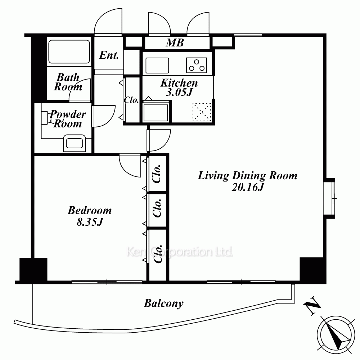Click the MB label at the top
click(175, 43)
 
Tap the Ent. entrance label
click(109, 55)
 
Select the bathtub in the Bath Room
click(69, 51)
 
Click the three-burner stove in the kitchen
click(196, 65)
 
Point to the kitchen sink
click(157, 66)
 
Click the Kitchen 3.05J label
click(179, 87)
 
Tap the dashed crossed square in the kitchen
click(202, 112)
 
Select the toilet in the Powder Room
click(75, 143)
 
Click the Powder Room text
click(68, 119)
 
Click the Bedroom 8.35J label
click(90, 216)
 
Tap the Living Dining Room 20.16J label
click(248, 181)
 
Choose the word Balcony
click(163, 303)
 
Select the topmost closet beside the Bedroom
click(158, 174)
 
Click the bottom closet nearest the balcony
click(158, 255)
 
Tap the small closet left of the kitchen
click(131, 100)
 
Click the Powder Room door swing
click(104, 116)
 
